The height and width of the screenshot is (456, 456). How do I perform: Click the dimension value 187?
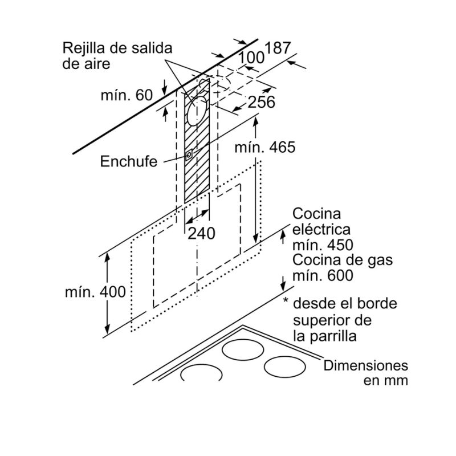[278, 48]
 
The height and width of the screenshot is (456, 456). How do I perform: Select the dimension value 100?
[251, 57]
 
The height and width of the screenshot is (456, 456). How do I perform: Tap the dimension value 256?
[262, 102]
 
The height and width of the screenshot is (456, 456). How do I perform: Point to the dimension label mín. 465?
[266, 147]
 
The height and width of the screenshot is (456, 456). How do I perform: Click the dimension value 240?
[202, 233]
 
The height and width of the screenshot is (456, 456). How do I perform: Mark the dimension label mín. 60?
[127, 95]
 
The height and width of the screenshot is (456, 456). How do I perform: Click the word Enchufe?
[128, 161]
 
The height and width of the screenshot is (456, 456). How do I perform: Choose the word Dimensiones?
[366, 365]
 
